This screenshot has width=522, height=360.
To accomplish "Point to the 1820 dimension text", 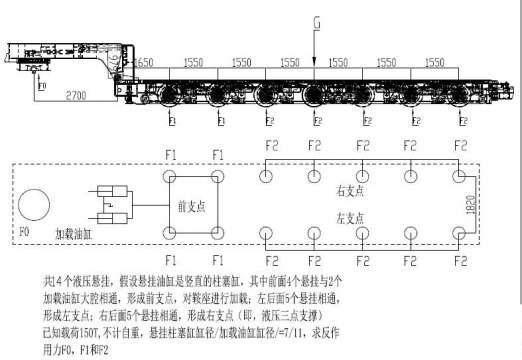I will click(x=482, y=207).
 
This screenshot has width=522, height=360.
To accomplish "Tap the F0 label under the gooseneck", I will click(x=41, y=86).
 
